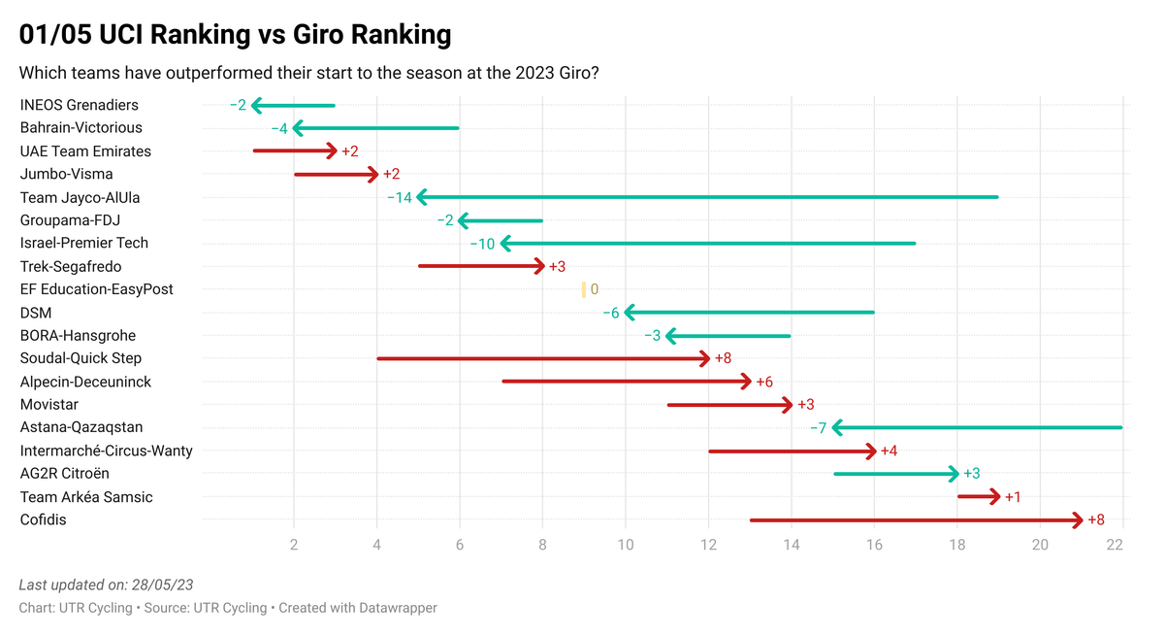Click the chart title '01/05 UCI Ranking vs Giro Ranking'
click(x=235, y=35)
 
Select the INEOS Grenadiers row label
click(x=80, y=105)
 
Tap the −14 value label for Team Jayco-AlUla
click(x=400, y=197)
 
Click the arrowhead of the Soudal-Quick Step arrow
click(x=705, y=358)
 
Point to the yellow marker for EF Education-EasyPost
click(x=583, y=289)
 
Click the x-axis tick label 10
click(x=626, y=546)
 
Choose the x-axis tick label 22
click(x=1114, y=546)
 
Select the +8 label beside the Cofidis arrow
click(x=1096, y=520)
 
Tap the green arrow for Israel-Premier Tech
click(x=708, y=244)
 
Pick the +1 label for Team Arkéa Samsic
click(x=1013, y=497)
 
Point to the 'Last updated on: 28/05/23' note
click(x=107, y=585)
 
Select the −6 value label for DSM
click(x=610, y=313)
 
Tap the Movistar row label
click(x=49, y=404)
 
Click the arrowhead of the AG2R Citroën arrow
click(x=954, y=474)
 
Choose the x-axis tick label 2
click(x=294, y=546)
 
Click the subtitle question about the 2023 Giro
click(x=308, y=73)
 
